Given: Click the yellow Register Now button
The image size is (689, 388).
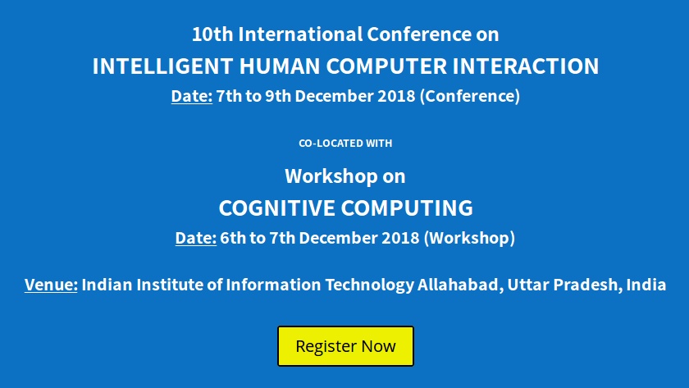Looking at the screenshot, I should (345, 346).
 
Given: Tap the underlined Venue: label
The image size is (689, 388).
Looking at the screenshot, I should (51, 285).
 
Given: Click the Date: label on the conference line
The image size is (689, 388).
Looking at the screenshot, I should (191, 96).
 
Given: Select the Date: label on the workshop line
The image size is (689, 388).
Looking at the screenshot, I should (195, 239).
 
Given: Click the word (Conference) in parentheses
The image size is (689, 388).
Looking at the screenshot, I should (469, 96).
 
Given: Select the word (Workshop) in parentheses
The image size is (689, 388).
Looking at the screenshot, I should (469, 239).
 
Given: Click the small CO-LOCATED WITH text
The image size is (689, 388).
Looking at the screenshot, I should (345, 144).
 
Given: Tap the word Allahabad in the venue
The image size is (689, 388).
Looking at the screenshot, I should (459, 285).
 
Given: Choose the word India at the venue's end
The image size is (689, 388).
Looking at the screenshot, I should (645, 285).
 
